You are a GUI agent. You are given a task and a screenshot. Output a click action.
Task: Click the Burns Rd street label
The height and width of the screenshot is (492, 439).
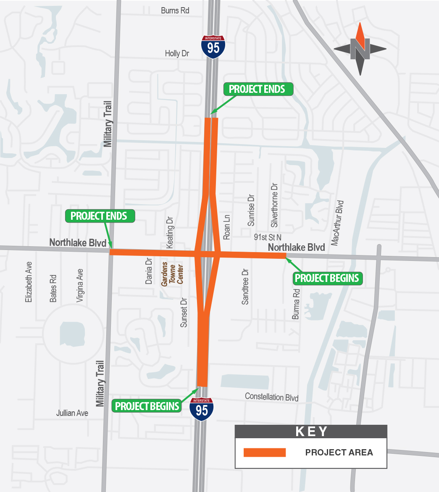[x=175, y=11]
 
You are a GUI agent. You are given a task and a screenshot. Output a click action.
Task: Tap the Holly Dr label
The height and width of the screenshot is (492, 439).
[x=177, y=53]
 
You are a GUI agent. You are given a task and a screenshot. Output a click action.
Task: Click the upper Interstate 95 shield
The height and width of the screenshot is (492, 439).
[x=213, y=47]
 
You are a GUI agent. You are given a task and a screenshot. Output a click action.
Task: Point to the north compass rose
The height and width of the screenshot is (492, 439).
[x=360, y=49]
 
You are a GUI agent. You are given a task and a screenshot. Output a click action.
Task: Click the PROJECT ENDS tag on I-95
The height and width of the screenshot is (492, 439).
[x=257, y=89]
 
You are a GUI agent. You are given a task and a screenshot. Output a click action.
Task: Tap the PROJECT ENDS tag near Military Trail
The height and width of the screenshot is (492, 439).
[x=99, y=216]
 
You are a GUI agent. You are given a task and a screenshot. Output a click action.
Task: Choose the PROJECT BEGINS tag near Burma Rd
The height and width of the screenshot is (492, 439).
[x=327, y=278]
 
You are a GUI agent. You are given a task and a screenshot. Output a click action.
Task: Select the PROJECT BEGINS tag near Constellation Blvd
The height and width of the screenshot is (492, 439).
[x=147, y=406]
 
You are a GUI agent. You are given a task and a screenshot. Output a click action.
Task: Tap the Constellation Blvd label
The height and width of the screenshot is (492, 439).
[x=271, y=397]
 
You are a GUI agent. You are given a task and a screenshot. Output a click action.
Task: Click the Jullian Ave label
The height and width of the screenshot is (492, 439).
[x=72, y=413]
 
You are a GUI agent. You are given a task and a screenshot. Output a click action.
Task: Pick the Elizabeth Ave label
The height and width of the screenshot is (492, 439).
[x=29, y=282]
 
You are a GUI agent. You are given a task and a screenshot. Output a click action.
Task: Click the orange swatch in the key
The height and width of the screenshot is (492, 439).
[x=265, y=453]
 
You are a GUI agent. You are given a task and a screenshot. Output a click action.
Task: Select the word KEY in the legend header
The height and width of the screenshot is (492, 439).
[x=311, y=431]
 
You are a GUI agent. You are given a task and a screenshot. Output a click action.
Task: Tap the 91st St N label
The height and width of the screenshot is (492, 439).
[x=268, y=237]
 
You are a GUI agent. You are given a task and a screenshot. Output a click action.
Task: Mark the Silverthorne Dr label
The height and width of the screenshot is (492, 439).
[x=274, y=205]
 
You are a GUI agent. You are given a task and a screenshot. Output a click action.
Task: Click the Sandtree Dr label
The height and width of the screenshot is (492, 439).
[x=245, y=287]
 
